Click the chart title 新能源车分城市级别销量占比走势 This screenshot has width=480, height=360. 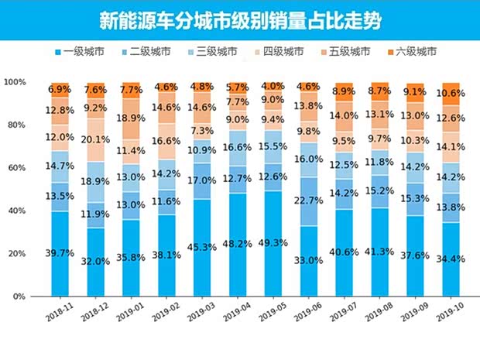(x=239, y=18)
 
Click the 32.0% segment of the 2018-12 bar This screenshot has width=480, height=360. (x=97, y=262)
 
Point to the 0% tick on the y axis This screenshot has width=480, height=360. (x=19, y=297)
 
